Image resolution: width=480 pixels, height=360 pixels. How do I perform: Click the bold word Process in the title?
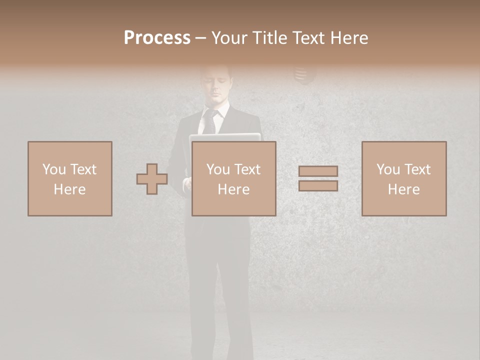[x=157, y=38]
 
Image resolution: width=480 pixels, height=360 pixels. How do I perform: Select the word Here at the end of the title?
[x=348, y=38]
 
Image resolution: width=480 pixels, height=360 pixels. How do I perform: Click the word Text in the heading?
[x=308, y=38]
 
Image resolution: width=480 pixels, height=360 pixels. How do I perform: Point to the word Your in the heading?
[x=230, y=38]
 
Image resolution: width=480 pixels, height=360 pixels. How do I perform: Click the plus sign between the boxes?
[x=152, y=179]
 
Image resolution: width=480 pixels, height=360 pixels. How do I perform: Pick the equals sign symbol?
[x=318, y=178]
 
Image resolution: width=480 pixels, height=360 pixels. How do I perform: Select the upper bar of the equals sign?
[x=318, y=171]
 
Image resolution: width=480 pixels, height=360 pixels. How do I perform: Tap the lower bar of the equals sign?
[x=318, y=186]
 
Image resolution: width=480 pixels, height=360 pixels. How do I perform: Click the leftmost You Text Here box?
[x=70, y=178]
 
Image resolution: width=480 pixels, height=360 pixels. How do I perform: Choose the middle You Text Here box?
[x=233, y=178]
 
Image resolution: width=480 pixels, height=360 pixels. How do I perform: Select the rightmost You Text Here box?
[x=404, y=178]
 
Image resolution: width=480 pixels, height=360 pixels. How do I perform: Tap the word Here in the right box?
[x=404, y=189]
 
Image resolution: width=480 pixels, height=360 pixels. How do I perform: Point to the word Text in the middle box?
[x=247, y=169]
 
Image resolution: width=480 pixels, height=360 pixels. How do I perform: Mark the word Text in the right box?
[x=417, y=169]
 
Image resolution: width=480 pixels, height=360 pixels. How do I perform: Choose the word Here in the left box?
[x=70, y=189]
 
